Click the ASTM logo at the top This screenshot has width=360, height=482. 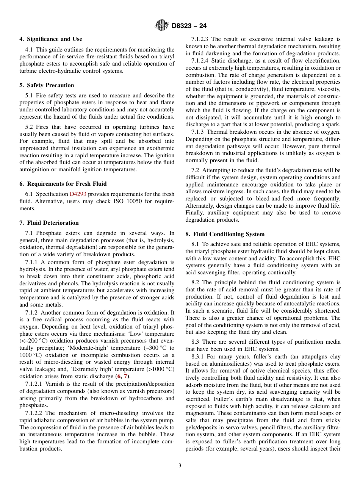click(162, 25)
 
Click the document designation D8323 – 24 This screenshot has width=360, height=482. click(189, 26)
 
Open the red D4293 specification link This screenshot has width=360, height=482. click(78, 194)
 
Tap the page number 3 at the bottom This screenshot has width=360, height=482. click(180, 465)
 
